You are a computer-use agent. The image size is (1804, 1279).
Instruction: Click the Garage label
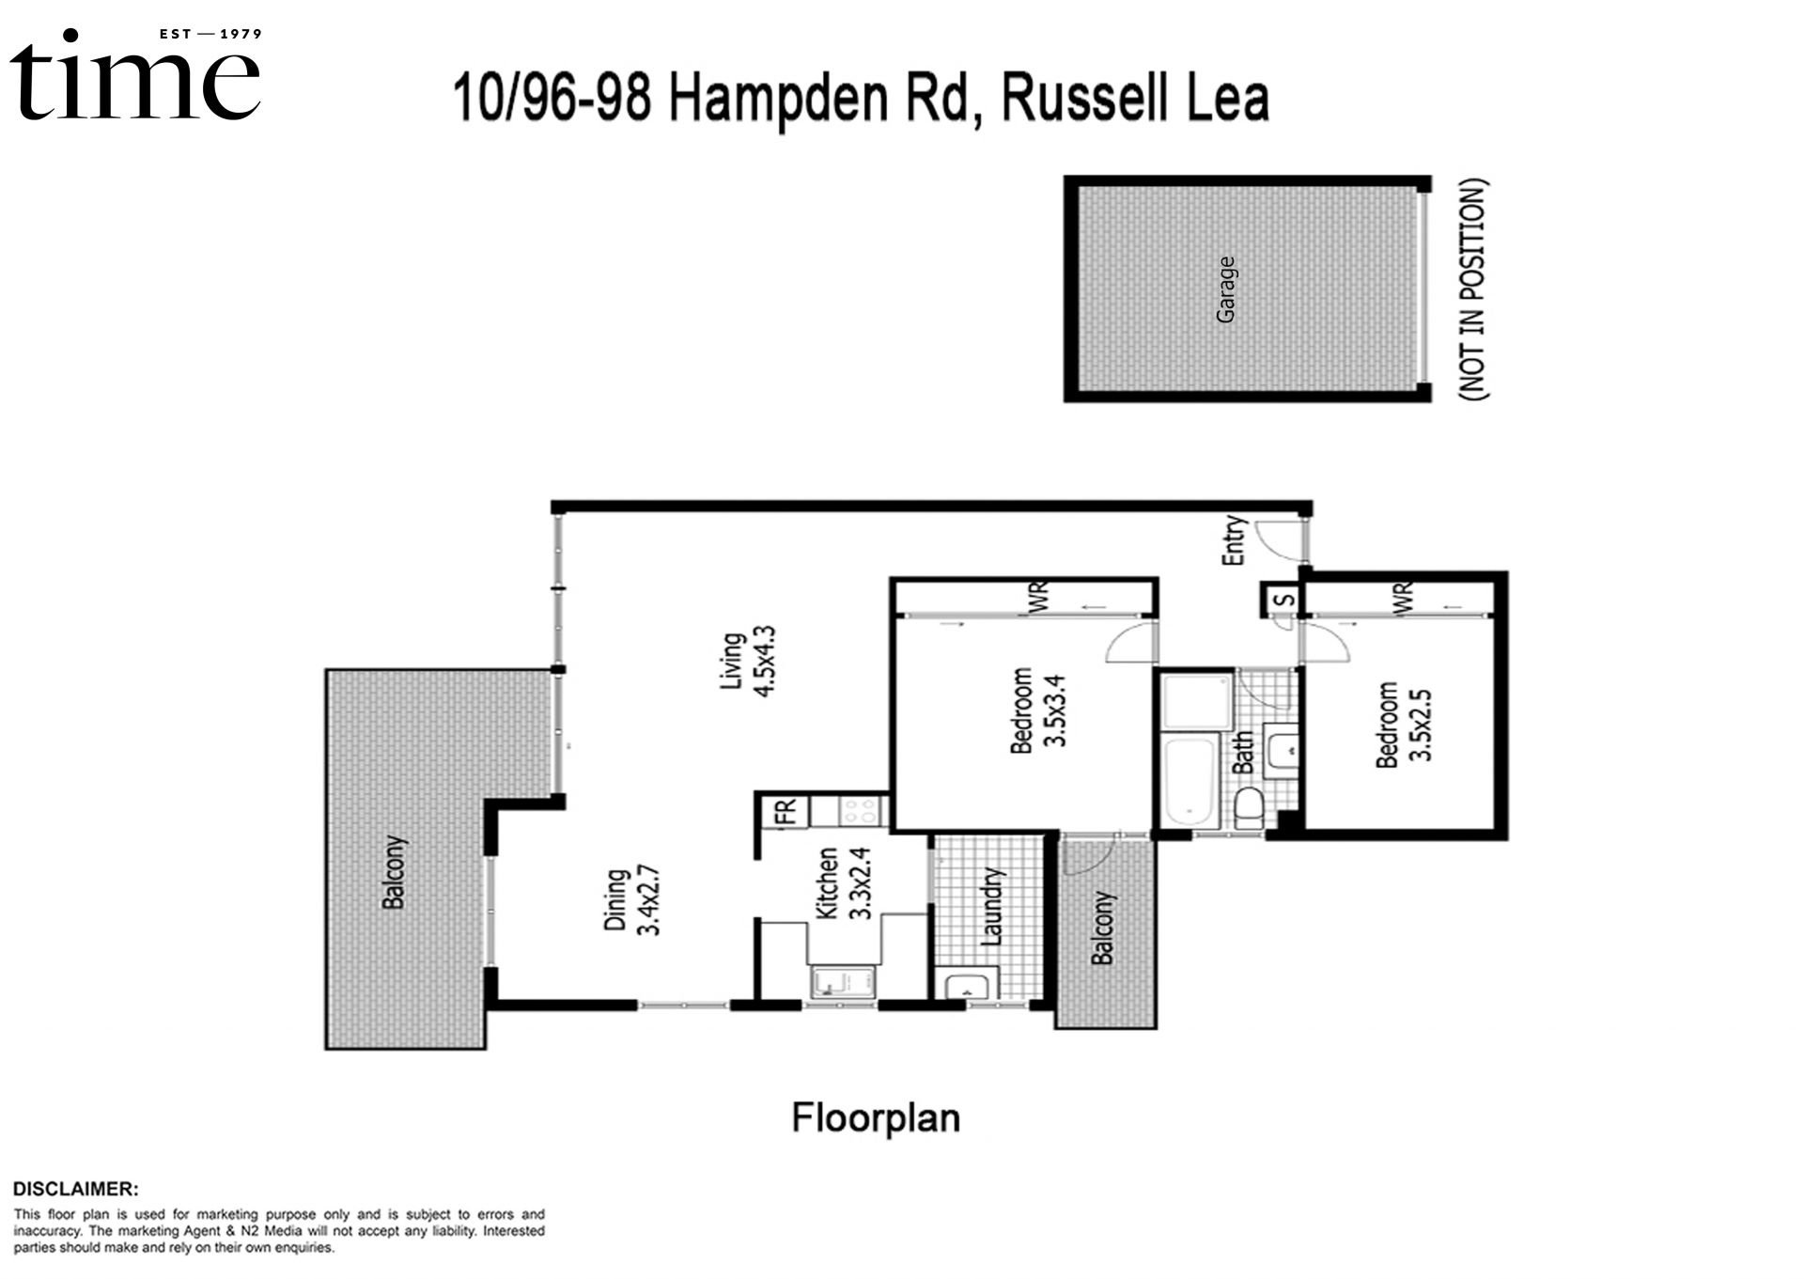pyautogui.click(x=1225, y=289)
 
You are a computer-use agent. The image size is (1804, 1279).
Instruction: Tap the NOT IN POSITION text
pyautogui.click(x=1473, y=289)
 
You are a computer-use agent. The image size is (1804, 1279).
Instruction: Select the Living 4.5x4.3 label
pyautogui.click(x=749, y=661)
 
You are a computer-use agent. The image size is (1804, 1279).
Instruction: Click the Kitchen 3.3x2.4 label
pyautogui.click(x=844, y=883)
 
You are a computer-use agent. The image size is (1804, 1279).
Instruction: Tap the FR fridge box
pyautogui.click(x=785, y=810)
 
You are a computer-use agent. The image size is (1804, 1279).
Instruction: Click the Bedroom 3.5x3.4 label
pyautogui.click(x=1036, y=710)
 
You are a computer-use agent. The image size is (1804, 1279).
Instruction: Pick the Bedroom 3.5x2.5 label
pyautogui.click(x=1402, y=725)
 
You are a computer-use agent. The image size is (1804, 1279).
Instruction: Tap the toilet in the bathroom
pyautogui.click(x=1248, y=808)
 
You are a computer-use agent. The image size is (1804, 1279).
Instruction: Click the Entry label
pyautogui.click(x=1234, y=540)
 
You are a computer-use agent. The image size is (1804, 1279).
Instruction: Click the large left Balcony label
pyautogui.click(x=394, y=871)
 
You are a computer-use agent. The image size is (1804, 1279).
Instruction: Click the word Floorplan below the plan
pyautogui.click(x=876, y=1118)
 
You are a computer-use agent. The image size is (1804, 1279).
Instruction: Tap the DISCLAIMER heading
pyautogui.click(x=75, y=1189)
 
